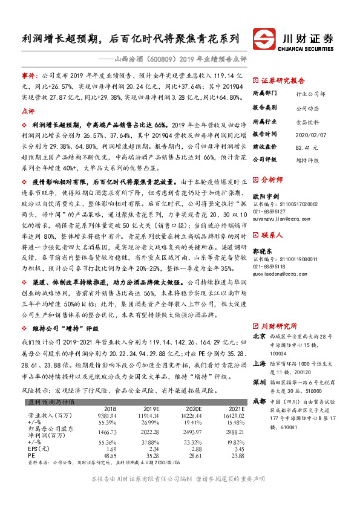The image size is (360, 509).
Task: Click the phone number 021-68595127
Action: tap(269, 212)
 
